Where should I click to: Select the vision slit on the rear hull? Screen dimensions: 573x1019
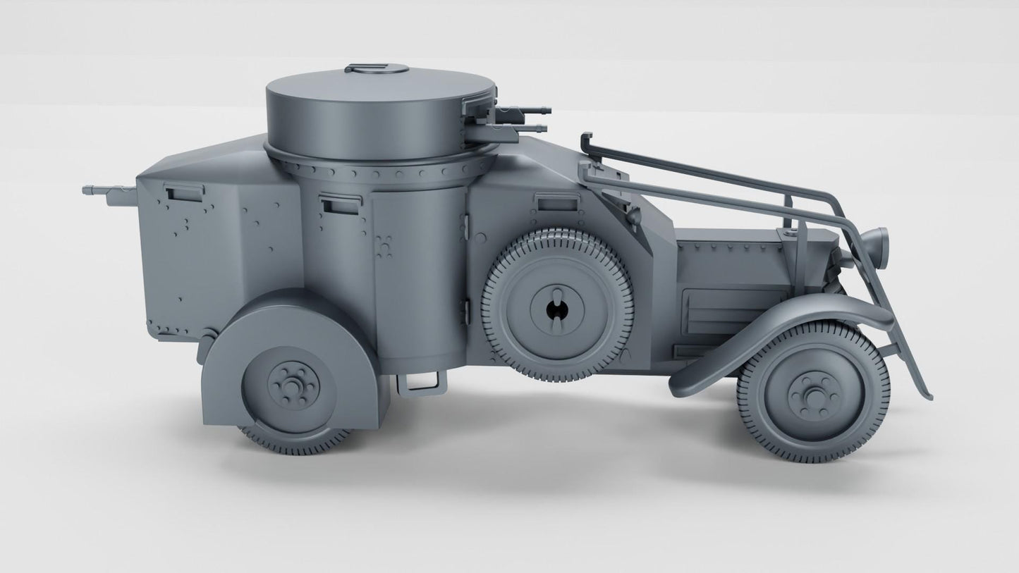[183, 190]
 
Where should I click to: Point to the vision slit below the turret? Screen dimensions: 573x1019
[337, 204]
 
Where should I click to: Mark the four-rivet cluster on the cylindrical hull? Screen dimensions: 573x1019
[385, 244]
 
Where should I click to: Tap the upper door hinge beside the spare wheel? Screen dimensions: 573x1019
[466, 226]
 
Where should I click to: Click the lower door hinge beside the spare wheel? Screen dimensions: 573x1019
[465, 310]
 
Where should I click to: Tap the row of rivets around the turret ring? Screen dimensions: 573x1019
[381, 171]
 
